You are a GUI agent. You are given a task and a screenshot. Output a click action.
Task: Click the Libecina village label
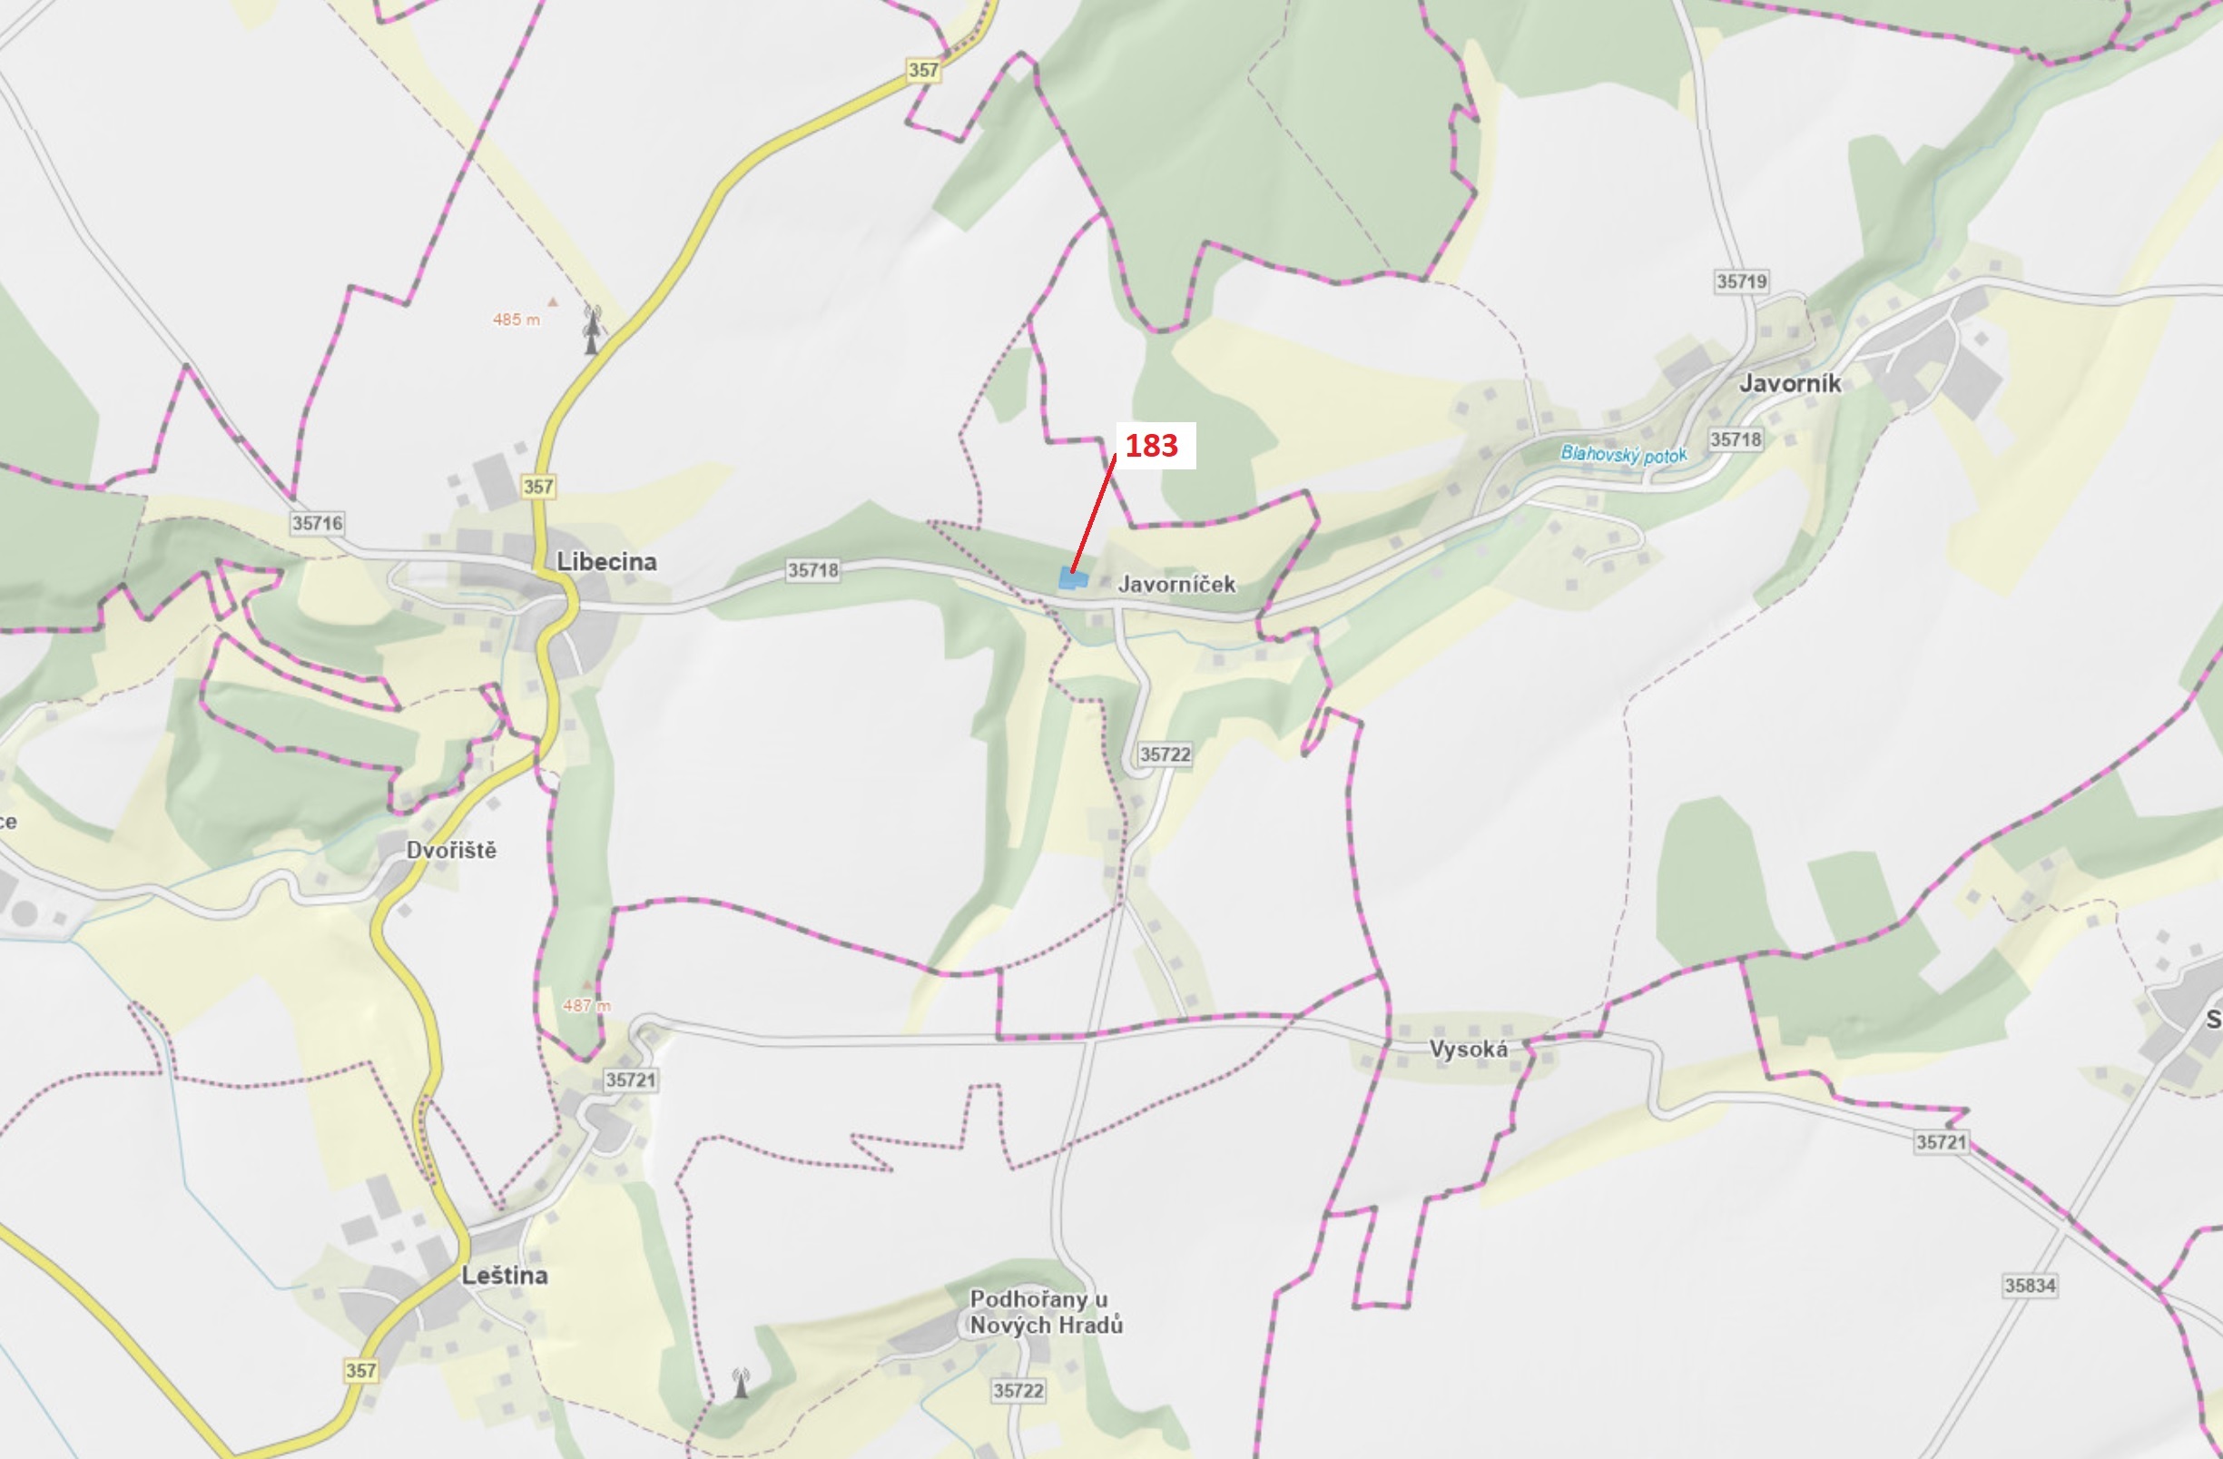pos(606,561)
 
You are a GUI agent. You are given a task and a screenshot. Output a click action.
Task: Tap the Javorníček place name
pos(1176,585)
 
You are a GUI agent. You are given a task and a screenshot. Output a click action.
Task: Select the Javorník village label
pos(1790,383)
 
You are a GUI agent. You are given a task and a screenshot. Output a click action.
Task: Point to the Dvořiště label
pos(451,850)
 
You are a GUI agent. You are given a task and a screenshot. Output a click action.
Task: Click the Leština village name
pos(505,1275)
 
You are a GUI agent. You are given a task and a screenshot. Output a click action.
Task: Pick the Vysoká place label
pos(1468,1049)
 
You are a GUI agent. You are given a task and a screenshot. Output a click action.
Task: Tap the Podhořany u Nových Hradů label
pos(1045,1311)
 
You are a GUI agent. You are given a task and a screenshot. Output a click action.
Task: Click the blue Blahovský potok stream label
pos(1623,455)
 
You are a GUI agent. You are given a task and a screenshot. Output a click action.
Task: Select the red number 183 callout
pos(1152,446)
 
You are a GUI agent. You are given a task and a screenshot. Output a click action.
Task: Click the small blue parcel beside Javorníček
pos(1072,579)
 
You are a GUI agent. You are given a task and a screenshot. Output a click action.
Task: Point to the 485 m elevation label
pos(516,320)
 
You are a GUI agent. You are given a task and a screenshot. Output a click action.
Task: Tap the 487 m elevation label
pos(586,1005)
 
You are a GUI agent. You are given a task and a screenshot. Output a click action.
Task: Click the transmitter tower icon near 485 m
pos(591,330)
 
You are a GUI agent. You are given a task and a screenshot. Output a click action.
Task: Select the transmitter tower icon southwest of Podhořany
pos(741,1383)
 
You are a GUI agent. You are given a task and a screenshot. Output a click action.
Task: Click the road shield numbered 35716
pos(318,523)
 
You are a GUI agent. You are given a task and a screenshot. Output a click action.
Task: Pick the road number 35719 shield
pos(1742,281)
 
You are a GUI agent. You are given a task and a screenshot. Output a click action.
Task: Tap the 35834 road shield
pos(2030,1286)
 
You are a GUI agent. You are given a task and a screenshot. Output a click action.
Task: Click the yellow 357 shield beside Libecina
pos(538,487)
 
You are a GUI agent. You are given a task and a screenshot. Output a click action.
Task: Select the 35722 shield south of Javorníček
pos(1165,754)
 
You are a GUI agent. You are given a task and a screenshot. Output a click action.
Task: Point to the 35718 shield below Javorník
pos(1736,439)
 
